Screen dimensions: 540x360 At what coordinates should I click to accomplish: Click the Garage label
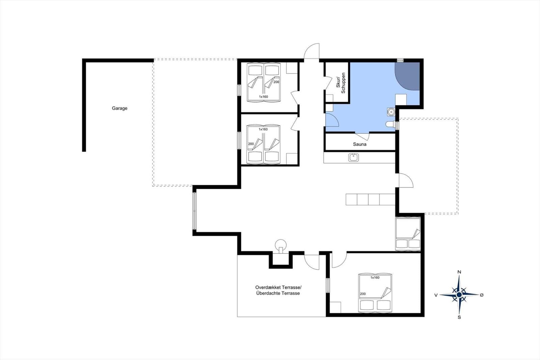coord(119,108)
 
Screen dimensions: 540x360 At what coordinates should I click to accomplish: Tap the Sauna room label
coord(360,144)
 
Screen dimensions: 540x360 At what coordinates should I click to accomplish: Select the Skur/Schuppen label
coord(341,83)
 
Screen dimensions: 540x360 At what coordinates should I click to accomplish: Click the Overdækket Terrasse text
coord(278,287)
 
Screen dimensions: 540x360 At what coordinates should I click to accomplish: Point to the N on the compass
coord(459,272)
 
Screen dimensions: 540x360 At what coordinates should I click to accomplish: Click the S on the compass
coord(459,317)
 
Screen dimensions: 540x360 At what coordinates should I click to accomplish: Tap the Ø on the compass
coord(482,295)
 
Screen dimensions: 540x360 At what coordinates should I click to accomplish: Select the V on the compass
coord(436,295)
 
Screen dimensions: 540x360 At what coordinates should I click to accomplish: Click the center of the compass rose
coord(459,294)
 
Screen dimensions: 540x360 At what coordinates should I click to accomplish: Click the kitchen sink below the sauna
coord(353,158)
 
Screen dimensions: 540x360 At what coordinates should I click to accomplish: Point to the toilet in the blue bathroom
coord(390,124)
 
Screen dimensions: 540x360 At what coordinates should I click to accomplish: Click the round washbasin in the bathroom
coord(391,112)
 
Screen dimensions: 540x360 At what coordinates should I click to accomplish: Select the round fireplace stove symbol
coord(281,245)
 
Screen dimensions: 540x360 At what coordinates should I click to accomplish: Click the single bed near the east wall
coord(408,234)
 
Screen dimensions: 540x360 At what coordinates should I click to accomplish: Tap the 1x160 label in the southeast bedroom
coord(375,278)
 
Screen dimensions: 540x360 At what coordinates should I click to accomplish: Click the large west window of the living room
coord(194,211)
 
